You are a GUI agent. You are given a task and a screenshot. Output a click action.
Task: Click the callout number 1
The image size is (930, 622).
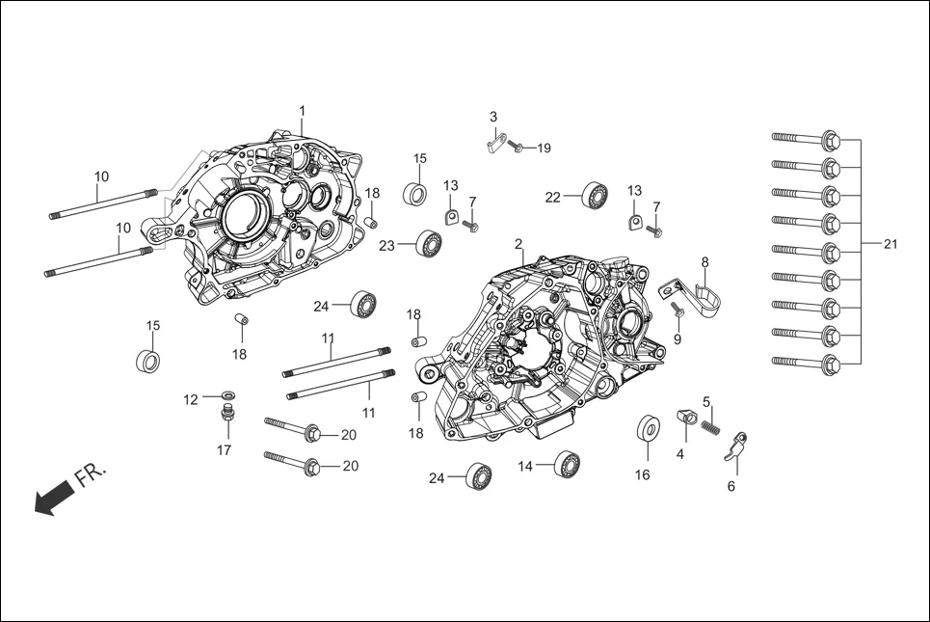[x=302, y=111]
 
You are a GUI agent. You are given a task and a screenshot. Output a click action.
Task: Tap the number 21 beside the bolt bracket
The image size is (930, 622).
[x=890, y=244]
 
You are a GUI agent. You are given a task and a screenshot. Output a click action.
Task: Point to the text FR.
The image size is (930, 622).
[x=93, y=475]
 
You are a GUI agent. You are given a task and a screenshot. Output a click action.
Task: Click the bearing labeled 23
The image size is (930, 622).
[x=428, y=244]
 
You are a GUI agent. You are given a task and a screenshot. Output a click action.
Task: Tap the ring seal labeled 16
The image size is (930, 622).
[x=646, y=429]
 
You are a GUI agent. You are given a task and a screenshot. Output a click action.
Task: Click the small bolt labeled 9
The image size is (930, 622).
[x=676, y=310]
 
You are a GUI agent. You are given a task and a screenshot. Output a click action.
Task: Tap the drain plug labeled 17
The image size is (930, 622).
[x=228, y=416]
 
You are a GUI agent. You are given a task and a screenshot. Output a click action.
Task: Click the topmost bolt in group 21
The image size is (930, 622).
[x=808, y=139]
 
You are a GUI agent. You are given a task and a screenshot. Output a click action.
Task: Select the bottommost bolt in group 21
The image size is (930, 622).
[x=808, y=364]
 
